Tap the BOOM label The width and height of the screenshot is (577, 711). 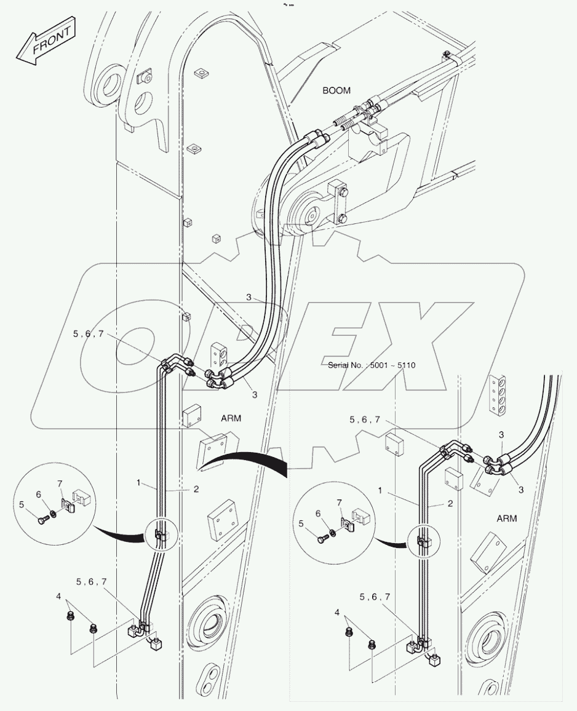[x=336, y=90]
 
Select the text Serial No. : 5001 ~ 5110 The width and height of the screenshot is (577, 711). [x=372, y=365]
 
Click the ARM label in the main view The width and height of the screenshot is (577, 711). [x=231, y=418]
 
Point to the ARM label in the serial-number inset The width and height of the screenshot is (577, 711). [x=506, y=518]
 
